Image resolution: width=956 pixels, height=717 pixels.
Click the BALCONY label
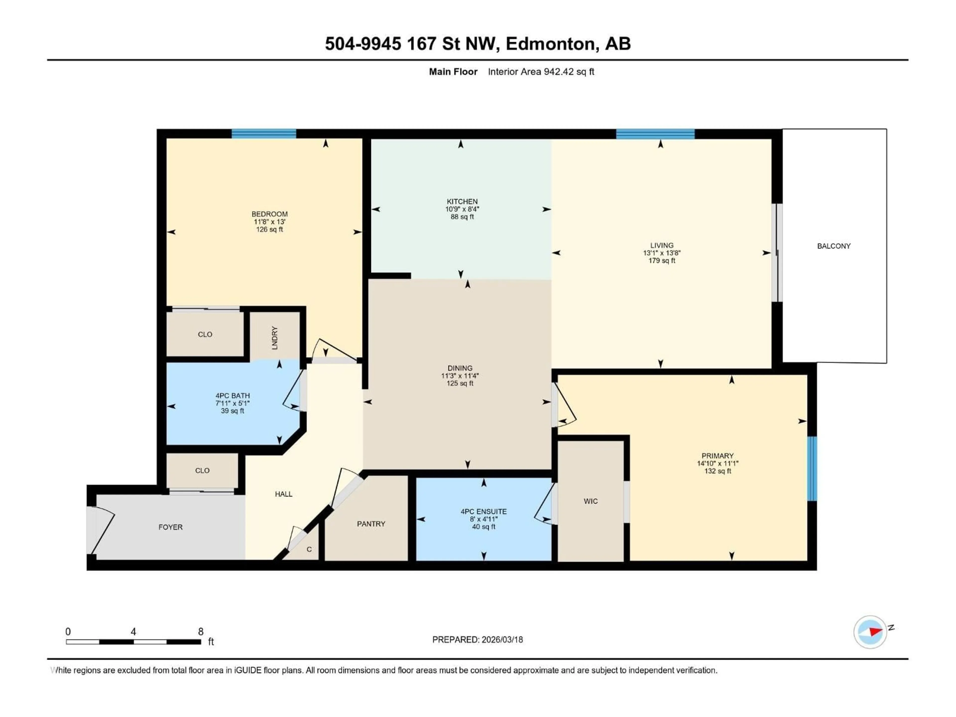coord(833,246)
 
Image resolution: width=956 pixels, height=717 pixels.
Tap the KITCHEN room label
coord(462,201)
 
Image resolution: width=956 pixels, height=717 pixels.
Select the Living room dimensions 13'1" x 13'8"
coord(662,253)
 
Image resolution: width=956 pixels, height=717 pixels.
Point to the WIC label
coord(590,501)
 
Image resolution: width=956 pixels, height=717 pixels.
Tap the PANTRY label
coord(371,524)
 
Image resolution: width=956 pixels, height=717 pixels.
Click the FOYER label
coord(170,527)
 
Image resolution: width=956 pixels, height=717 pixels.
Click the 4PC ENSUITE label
coord(483,511)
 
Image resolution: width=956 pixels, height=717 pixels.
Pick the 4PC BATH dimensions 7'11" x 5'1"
coord(233,403)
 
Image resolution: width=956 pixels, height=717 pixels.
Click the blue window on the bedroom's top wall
coord(264,133)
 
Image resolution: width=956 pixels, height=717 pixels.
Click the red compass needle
coord(875,632)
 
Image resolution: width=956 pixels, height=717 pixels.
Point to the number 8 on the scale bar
coord(200,631)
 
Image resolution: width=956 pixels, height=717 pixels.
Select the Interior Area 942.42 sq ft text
coord(541,72)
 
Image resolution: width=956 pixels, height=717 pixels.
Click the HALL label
coord(284,494)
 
